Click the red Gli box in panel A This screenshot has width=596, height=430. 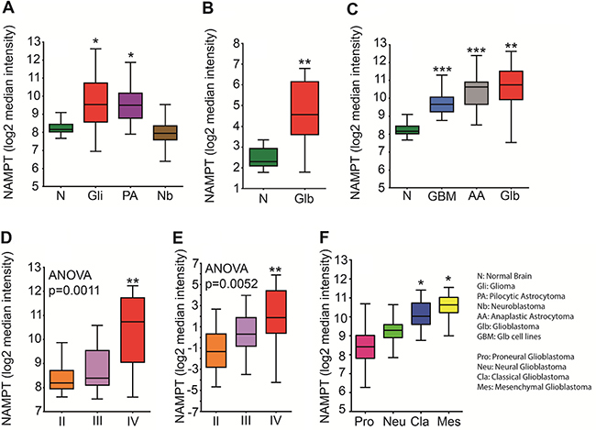95,103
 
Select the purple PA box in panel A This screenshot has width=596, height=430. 130,105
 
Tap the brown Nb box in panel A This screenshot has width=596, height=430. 165,133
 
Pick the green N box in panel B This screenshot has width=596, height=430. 263,157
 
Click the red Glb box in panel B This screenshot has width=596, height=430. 304,108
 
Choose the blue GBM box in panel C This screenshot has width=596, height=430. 442,105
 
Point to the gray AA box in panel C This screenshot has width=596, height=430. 476,94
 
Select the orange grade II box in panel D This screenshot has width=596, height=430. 62,380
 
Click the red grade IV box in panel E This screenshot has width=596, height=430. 275,312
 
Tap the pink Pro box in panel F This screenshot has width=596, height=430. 365,347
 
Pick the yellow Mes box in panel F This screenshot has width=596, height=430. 448,305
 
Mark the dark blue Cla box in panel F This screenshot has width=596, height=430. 420,314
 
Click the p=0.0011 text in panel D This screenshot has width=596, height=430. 74,291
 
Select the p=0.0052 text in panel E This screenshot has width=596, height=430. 231,284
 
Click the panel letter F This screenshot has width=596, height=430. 325,237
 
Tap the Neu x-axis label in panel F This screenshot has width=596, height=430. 394,421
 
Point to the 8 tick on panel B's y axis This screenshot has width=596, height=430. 237,43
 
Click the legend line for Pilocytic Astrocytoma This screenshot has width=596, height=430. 521,296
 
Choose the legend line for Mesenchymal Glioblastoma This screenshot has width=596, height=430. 534,387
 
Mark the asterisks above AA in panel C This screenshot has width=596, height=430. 476,50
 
